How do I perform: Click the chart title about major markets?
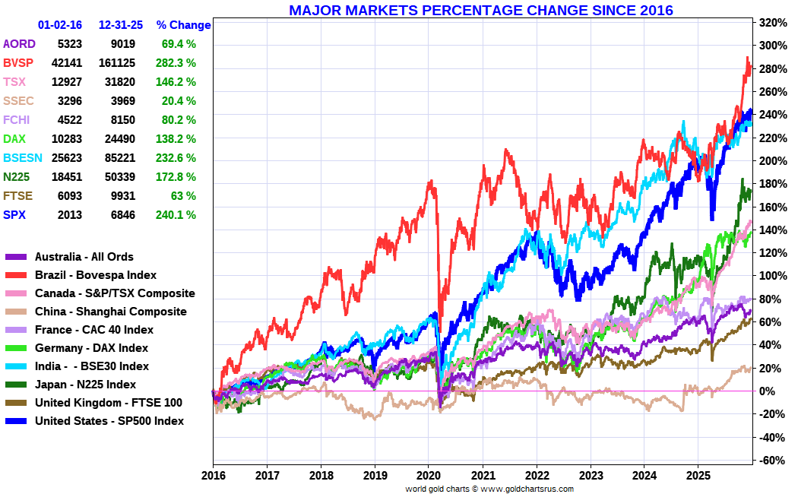pyautogui.click(x=480, y=10)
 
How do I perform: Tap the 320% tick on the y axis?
pyautogui.click(x=771, y=23)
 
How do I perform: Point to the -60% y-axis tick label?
pyautogui.click(x=771, y=461)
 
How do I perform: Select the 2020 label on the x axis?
pyautogui.click(x=429, y=475)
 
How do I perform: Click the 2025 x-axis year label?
pyautogui.click(x=698, y=475)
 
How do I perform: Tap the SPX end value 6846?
pyautogui.click(x=122, y=215)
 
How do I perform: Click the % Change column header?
pyautogui.click(x=183, y=25)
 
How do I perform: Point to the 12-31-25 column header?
pyautogui.click(x=121, y=25)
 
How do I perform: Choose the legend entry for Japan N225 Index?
pyautogui.click(x=85, y=385)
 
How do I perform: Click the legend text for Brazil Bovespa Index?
pyautogui.click(x=96, y=275)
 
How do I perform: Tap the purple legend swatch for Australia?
pyautogui.click(x=16, y=257)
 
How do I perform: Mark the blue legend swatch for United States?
pyautogui.click(x=16, y=421)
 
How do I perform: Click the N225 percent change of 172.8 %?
pyautogui.click(x=179, y=177)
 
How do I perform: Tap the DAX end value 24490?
pyautogui.click(x=117, y=139)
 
